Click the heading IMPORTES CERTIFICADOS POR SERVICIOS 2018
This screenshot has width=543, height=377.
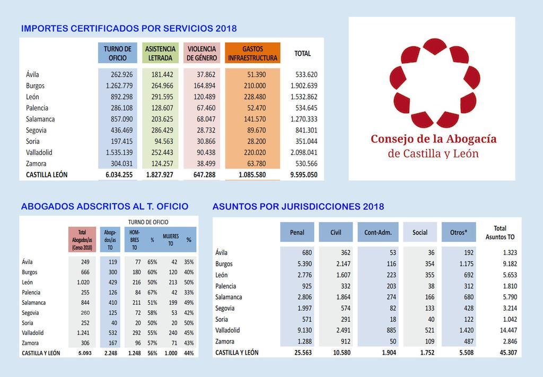(129, 29)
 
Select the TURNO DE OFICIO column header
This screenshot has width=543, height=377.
(117, 53)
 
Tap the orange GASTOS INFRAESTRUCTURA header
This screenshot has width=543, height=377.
(252, 53)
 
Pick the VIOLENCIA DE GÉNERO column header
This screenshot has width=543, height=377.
(202, 53)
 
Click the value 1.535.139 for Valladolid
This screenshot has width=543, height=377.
(118, 153)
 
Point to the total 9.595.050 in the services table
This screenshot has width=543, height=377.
(303, 174)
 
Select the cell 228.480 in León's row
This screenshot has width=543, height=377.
(253, 97)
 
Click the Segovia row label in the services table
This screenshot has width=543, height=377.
(36, 130)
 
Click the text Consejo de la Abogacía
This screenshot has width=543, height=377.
(433, 139)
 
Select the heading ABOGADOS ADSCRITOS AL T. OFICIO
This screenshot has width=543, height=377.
(104, 207)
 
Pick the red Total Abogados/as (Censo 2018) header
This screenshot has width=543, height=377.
(82, 240)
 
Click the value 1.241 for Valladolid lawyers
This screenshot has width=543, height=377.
(83, 333)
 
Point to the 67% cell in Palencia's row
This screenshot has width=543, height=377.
(152, 293)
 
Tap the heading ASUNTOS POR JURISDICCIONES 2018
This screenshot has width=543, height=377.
(298, 207)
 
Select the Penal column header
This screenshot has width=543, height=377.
(297, 232)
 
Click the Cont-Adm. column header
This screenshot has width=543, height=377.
(378, 232)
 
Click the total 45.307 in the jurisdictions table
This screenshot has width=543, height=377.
(503, 353)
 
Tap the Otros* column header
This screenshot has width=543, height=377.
(458, 232)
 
